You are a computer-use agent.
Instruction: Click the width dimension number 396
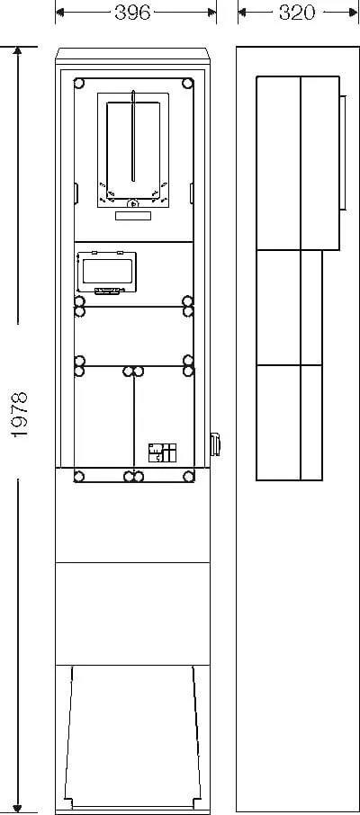[x=132, y=13]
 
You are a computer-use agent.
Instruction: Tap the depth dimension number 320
[x=296, y=13]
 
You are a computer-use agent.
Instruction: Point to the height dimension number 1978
[x=20, y=415]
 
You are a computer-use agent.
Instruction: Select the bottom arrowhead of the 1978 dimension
[x=18, y=808]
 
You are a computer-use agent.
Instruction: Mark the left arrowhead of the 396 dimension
[x=60, y=13]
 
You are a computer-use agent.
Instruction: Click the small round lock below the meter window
[x=133, y=203]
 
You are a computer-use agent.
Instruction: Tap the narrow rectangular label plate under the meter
[x=133, y=216]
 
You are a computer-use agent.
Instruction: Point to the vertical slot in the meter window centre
[x=133, y=136]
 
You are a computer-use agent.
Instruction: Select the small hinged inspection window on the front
[x=106, y=273]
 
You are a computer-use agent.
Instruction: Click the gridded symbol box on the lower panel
[x=162, y=452]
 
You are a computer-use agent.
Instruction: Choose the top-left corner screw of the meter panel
[x=79, y=83]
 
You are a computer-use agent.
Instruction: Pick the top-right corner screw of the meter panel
[x=188, y=83]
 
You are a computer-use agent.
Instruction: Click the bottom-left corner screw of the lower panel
[x=79, y=476]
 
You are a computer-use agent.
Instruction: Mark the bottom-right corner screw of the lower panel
[x=188, y=476]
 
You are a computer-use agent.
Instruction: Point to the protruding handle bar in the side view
[x=343, y=152]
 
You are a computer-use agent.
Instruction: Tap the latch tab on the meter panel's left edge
[x=76, y=193]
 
